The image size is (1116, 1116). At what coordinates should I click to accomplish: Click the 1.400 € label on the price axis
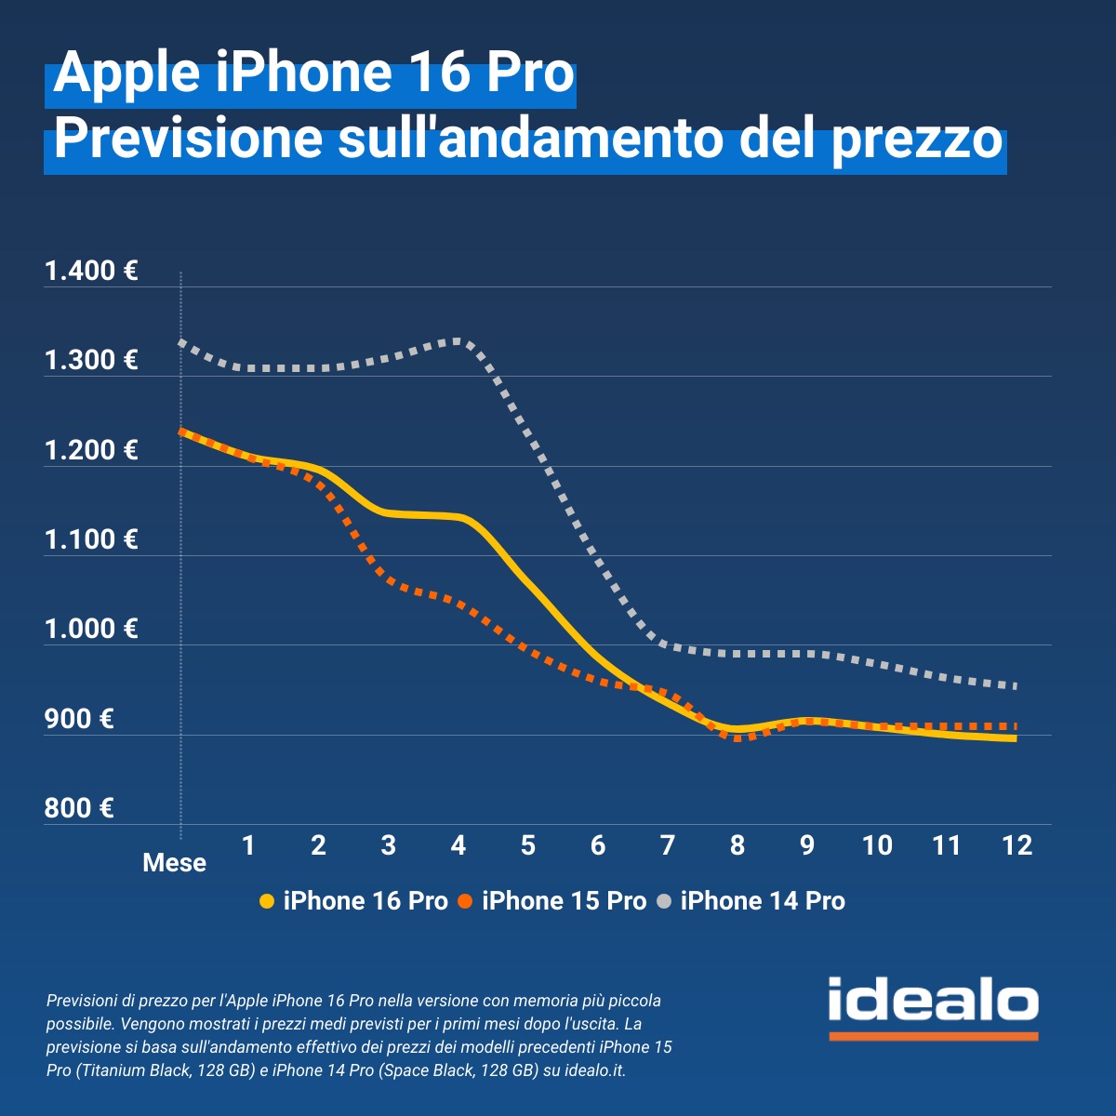[x=91, y=272]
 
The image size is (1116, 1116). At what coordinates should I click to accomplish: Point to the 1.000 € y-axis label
[x=91, y=630]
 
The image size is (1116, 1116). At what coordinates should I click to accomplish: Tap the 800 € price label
[x=79, y=808]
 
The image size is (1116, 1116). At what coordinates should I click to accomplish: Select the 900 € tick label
[x=79, y=719]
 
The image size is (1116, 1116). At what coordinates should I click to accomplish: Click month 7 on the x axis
[x=668, y=845]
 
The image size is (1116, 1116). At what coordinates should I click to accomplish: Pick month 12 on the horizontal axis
[x=1016, y=845]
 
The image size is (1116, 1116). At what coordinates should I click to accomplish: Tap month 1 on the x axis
[x=248, y=845]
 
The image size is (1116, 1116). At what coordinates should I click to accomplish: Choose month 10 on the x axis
[x=877, y=845]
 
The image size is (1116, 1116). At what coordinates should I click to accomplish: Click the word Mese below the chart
[x=174, y=863]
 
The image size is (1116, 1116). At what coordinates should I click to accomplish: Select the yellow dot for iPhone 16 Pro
[x=267, y=901]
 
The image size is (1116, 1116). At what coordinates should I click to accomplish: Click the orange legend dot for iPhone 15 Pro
[x=466, y=901]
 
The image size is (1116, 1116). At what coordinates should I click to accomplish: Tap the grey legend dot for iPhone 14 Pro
[x=664, y=901]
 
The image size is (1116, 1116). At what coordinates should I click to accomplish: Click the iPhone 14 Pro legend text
[x=763, y=901]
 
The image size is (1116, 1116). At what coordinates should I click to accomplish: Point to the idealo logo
[x=933, y=1004]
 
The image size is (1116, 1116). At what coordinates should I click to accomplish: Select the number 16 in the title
[x=439, y=74]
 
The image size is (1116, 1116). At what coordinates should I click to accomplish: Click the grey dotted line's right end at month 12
[x=1015, y=686]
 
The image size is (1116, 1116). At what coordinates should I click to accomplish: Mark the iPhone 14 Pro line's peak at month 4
[x=458, y=341]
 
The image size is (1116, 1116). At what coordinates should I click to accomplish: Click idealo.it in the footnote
[x=594, y=1070]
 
